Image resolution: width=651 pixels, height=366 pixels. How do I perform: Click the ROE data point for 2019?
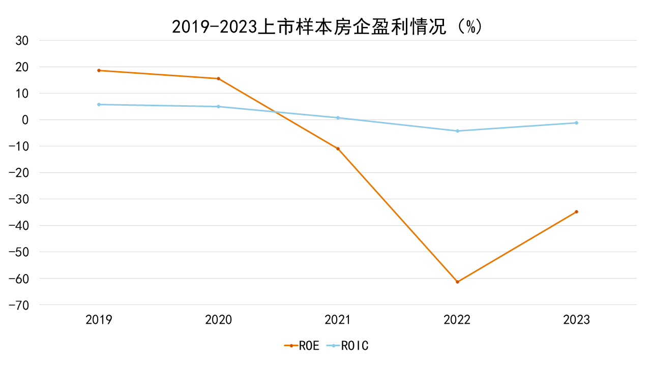pyautogui.click(x=99, y=70)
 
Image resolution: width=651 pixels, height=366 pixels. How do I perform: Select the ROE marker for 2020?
pyautogui.click(x=218, y=78)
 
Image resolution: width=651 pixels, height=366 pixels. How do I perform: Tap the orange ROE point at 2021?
pyautogui.click(x=338, y=148)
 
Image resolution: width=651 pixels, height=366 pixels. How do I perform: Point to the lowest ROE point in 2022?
pyautogui.click(x=457, y=282)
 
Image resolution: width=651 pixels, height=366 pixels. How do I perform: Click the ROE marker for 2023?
pyautogui.click(x=576, y=211)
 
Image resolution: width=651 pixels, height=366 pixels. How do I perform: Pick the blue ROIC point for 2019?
pyautogui.click(x=99, y=104)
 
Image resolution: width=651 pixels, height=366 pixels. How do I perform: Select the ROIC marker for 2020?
pyautogui.click(x=218, y=106)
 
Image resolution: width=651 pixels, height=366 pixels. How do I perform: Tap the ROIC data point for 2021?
pyautogui.click(x=338, y=117)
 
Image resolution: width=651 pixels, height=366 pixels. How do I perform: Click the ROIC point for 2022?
pyautogui.click(x=457, y=131)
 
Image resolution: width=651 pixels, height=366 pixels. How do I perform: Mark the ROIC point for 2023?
pyautogui.click(x=576, y=123)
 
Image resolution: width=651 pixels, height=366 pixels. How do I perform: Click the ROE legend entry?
pyautogui.click(x=302, y=346)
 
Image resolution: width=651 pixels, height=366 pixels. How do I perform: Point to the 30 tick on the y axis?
pyautogui.click(x=22, y=41)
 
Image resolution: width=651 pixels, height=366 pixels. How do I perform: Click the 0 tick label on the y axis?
pyautogui.click(x=25, y=120)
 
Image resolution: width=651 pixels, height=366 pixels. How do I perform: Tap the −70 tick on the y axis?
pyautogui.click(x=19, y=305)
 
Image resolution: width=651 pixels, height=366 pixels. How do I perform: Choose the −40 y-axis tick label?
pyautogui.click(x=19, y=226)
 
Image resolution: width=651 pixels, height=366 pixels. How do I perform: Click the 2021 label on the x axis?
pyautogui.click(x=338, y=320)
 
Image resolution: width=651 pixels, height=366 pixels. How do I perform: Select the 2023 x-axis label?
pyautogui.click(x=576, y=320)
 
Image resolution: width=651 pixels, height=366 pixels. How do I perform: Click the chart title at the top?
pyautogui.click(x=326, y=26)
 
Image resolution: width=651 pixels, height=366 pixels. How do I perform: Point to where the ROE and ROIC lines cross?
pyautogui.click(x=276, y=112)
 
